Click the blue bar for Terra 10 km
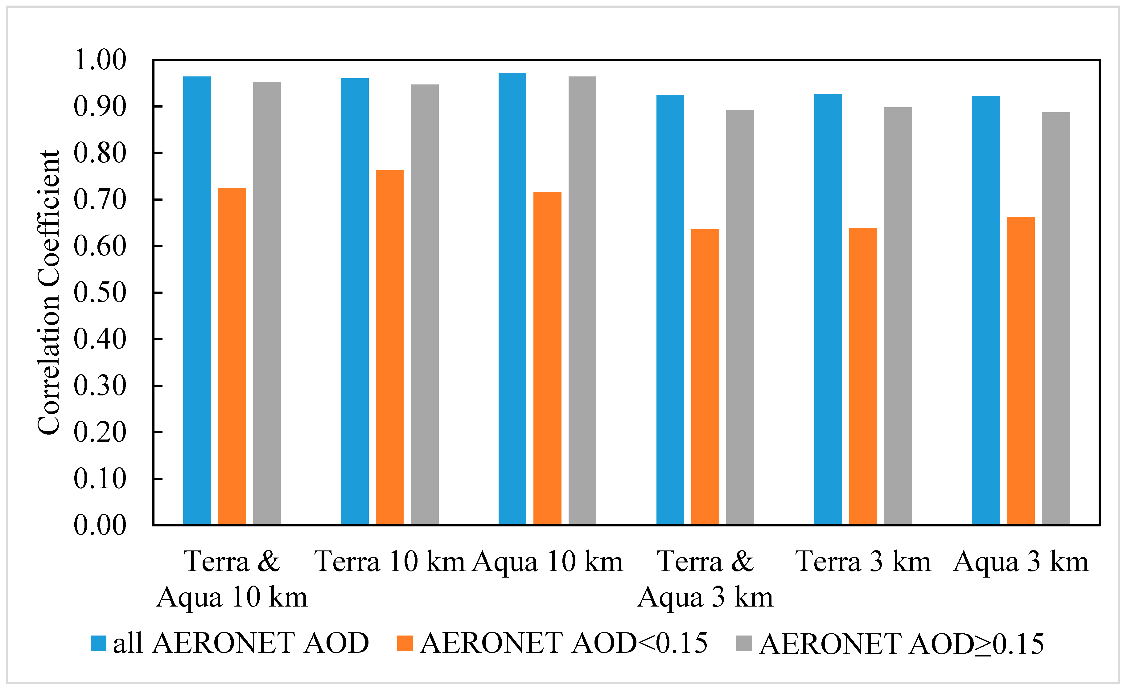[355, 301]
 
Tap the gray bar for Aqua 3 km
[1056, 318]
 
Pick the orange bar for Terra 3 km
[863, 376]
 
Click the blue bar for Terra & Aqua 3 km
[670, 310]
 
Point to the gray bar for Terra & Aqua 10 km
[267, 303]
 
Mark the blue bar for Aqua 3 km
[986, 310]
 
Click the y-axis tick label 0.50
[100, 293]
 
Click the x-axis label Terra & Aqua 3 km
[705, 579]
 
